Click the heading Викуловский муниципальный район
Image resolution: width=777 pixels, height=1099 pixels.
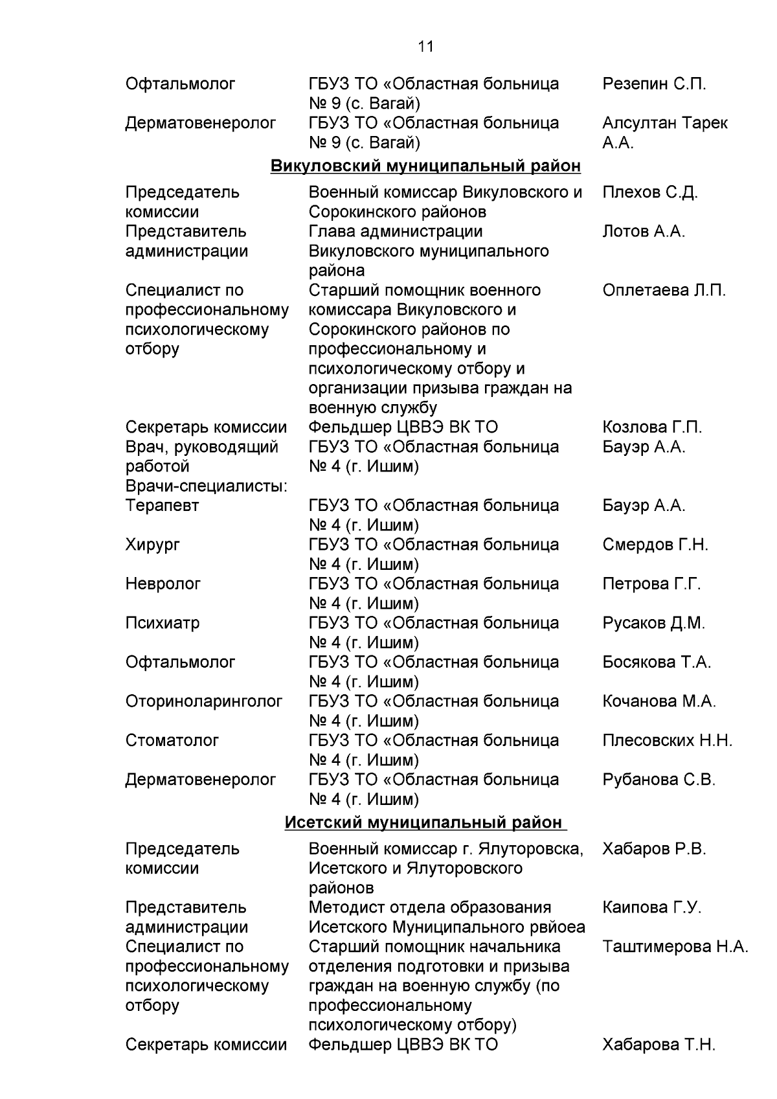point(425,166)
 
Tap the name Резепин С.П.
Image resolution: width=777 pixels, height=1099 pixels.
point(654,84)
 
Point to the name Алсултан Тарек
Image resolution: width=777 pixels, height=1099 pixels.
point(664,123)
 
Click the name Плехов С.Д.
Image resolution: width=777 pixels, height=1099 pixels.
point(649,192)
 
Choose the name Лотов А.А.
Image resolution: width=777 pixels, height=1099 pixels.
point(643,231)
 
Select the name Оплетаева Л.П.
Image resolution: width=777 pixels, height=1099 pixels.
point(664,290)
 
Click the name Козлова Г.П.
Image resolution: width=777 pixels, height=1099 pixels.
point(651,427)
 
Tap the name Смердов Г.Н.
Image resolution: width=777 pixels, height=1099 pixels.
point(655,545)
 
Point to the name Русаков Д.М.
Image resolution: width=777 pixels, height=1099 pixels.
point(653,623)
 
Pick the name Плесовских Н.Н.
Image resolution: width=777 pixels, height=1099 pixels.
point(667,740)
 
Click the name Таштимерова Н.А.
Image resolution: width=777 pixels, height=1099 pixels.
point(675,947)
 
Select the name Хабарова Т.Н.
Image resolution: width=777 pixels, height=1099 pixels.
point(659,1045)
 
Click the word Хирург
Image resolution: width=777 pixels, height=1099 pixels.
point(153,545)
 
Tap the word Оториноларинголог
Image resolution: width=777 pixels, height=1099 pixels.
point(204,701)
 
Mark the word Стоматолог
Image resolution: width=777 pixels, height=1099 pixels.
point(172,740)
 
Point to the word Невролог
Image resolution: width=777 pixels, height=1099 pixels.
point(163,584)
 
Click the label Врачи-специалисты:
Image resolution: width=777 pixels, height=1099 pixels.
point(207,486)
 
